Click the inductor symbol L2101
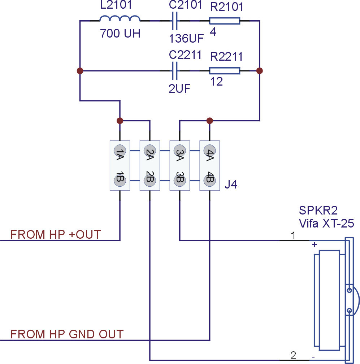tap(120, 18)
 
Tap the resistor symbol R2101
tap(225, 21)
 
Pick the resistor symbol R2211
tap(225, 70)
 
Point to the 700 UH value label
tap(120, 33)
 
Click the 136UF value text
tap(186, 38)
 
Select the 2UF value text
tap(179, 88)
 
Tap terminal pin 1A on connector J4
tap(120, 151)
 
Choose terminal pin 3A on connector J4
tap(180, 151)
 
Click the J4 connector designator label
tap(231, 184)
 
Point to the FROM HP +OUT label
tap(56, 234)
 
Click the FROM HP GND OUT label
tap(67, 334)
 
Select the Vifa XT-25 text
tap(326, 223)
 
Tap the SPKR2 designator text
tap(318, 210)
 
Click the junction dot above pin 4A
tap(209, 121)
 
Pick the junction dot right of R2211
tap(260, 70)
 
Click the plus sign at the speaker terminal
tap(314, 244)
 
